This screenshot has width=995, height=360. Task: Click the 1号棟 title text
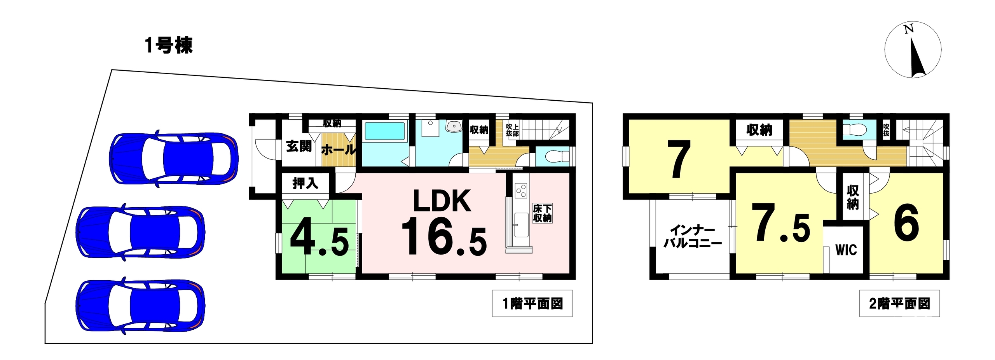[169, 46]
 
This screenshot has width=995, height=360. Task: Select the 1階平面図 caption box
[532, 303]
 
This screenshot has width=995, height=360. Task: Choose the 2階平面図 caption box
[899, 303]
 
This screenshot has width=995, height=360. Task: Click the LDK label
[442, 201]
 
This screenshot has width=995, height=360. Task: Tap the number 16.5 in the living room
[443, 237]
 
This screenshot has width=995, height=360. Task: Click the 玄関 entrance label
[299, 146]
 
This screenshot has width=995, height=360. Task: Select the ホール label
[339, 149]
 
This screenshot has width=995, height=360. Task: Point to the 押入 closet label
[305, 183]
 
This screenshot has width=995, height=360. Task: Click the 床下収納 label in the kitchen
[542, 213]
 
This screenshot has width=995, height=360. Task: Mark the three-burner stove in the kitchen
[520, 190]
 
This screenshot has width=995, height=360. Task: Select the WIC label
[846, 250]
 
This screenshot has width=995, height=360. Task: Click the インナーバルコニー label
[692, 237]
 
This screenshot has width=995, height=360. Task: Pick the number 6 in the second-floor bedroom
[906, 223]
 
